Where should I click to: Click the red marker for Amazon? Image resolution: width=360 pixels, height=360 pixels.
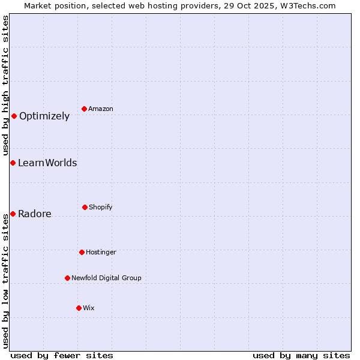click(85, 109)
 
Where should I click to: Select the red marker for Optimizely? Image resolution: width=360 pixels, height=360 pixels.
click(14, 116)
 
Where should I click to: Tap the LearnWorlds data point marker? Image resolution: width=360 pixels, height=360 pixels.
click(13, 163)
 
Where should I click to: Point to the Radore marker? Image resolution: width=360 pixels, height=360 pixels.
click(13, 214)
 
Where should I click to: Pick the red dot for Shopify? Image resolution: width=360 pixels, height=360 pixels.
click(85, 207)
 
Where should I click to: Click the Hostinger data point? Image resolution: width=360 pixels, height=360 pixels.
click(82, 252)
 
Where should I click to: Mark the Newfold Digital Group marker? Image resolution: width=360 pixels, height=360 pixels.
click(67, 278)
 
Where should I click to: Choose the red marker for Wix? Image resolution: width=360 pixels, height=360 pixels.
click(79, 308)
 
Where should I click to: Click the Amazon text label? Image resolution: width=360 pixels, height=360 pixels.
click(101, 109)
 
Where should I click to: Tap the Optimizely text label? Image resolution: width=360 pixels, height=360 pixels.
click(44, 116)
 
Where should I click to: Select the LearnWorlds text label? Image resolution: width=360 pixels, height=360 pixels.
click(47, 163)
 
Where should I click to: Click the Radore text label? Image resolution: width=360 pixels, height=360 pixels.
click(35, 214)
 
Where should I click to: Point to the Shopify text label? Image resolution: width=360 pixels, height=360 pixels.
click(101, 207)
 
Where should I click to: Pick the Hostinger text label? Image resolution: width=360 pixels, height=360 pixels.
click(101, 252)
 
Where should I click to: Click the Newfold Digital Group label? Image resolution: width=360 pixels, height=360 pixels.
click(106, 278)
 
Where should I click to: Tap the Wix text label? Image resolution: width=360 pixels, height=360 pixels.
click(89, 308)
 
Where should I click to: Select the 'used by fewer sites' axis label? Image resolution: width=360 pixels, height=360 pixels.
click(62, 355)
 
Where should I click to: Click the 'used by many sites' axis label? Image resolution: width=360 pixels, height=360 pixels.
click(301, 355)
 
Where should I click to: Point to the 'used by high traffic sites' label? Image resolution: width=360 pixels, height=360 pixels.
click(5, 85)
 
